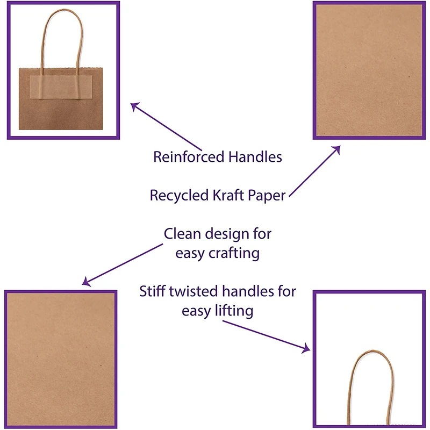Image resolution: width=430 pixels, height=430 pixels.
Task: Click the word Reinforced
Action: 189,157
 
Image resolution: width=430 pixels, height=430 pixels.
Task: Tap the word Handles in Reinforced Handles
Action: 255,157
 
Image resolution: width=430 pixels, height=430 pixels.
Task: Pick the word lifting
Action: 233,311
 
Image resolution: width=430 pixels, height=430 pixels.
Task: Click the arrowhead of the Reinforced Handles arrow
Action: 134,105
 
